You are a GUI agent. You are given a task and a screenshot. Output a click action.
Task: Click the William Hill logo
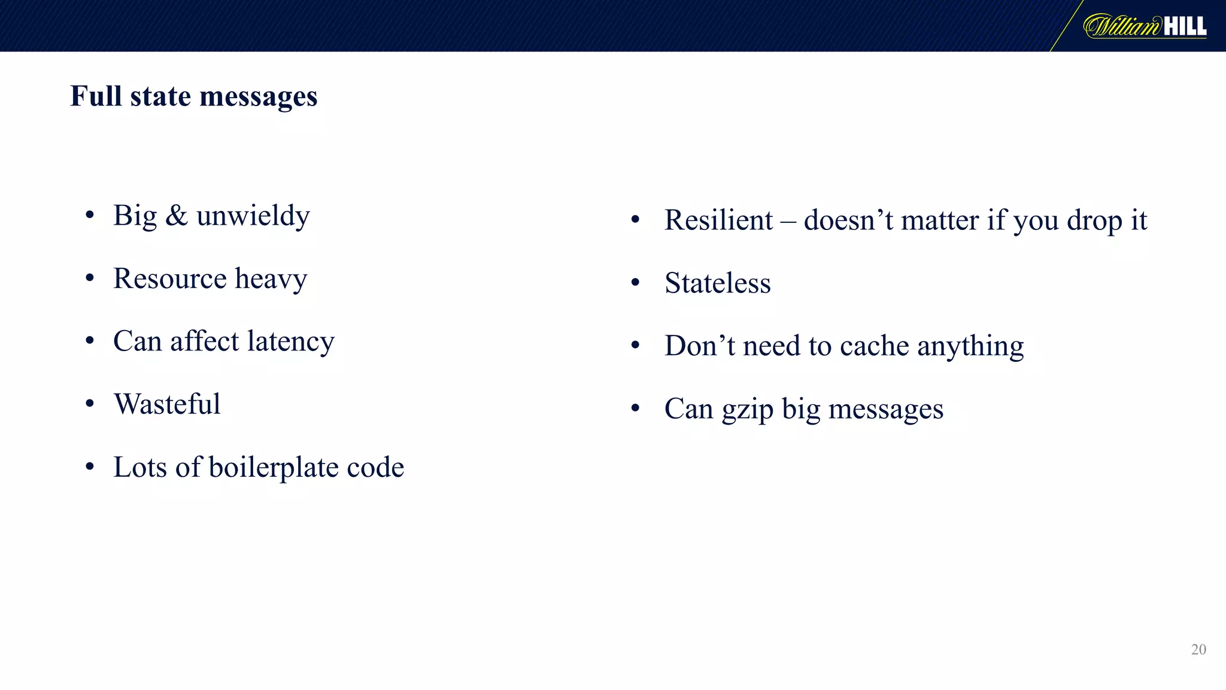click(1145, 26)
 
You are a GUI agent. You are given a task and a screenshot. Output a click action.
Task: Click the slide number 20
click(1198, 649)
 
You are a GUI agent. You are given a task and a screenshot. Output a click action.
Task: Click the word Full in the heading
click(96, 96)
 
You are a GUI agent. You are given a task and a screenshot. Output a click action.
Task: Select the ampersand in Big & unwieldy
click(176, 216)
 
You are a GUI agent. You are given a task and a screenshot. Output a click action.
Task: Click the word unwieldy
click(253, 216)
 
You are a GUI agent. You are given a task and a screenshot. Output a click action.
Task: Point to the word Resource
click(170, 279)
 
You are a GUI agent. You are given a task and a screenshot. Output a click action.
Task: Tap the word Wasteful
click(167, 404)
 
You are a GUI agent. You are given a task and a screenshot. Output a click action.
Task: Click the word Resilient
click(718, 220)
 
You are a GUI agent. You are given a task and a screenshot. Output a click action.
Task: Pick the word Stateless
click(717, 283)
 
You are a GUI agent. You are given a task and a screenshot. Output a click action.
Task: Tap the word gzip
click(747, 410)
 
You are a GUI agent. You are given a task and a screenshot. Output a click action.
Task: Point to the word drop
click(1094, 220)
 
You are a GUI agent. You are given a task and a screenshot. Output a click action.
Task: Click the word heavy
click(271, 279)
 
